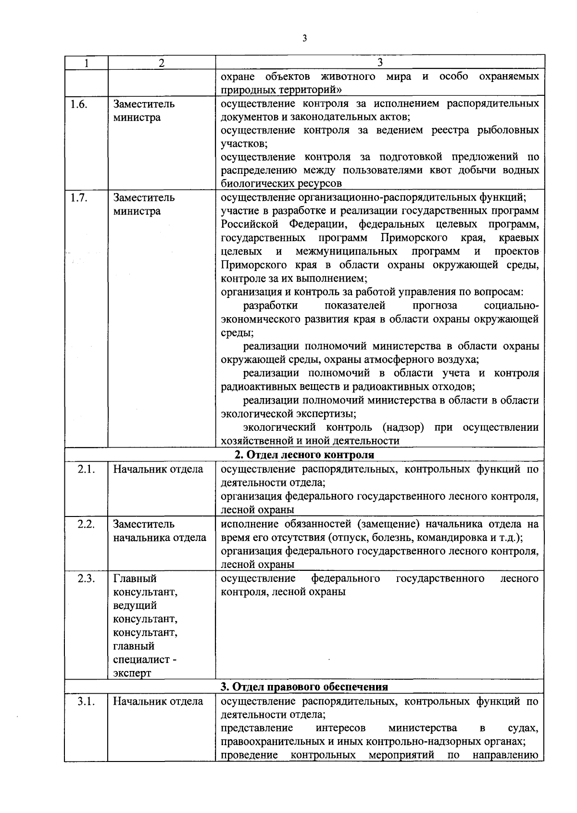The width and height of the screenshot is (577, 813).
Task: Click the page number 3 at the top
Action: (x=304, y=39)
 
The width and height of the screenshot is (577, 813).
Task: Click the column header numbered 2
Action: (x=161, y=63)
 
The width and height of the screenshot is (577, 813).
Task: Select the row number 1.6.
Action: (x=78, y=104)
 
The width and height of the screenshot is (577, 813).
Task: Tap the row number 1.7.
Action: (x=78, y=197)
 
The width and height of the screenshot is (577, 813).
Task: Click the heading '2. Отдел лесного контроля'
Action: (x=304, y=455)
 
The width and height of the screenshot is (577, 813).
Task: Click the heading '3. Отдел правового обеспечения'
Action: (x=304, y=686)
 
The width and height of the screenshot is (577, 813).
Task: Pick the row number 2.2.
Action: (x=86, y=524)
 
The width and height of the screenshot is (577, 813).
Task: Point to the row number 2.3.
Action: (x=86, y=579)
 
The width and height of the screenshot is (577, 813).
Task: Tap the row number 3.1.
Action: (x=86, y=701)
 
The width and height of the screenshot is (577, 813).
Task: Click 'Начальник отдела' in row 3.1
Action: (x=158, y=701)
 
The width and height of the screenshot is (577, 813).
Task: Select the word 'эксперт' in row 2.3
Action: (x=132, y=673)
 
